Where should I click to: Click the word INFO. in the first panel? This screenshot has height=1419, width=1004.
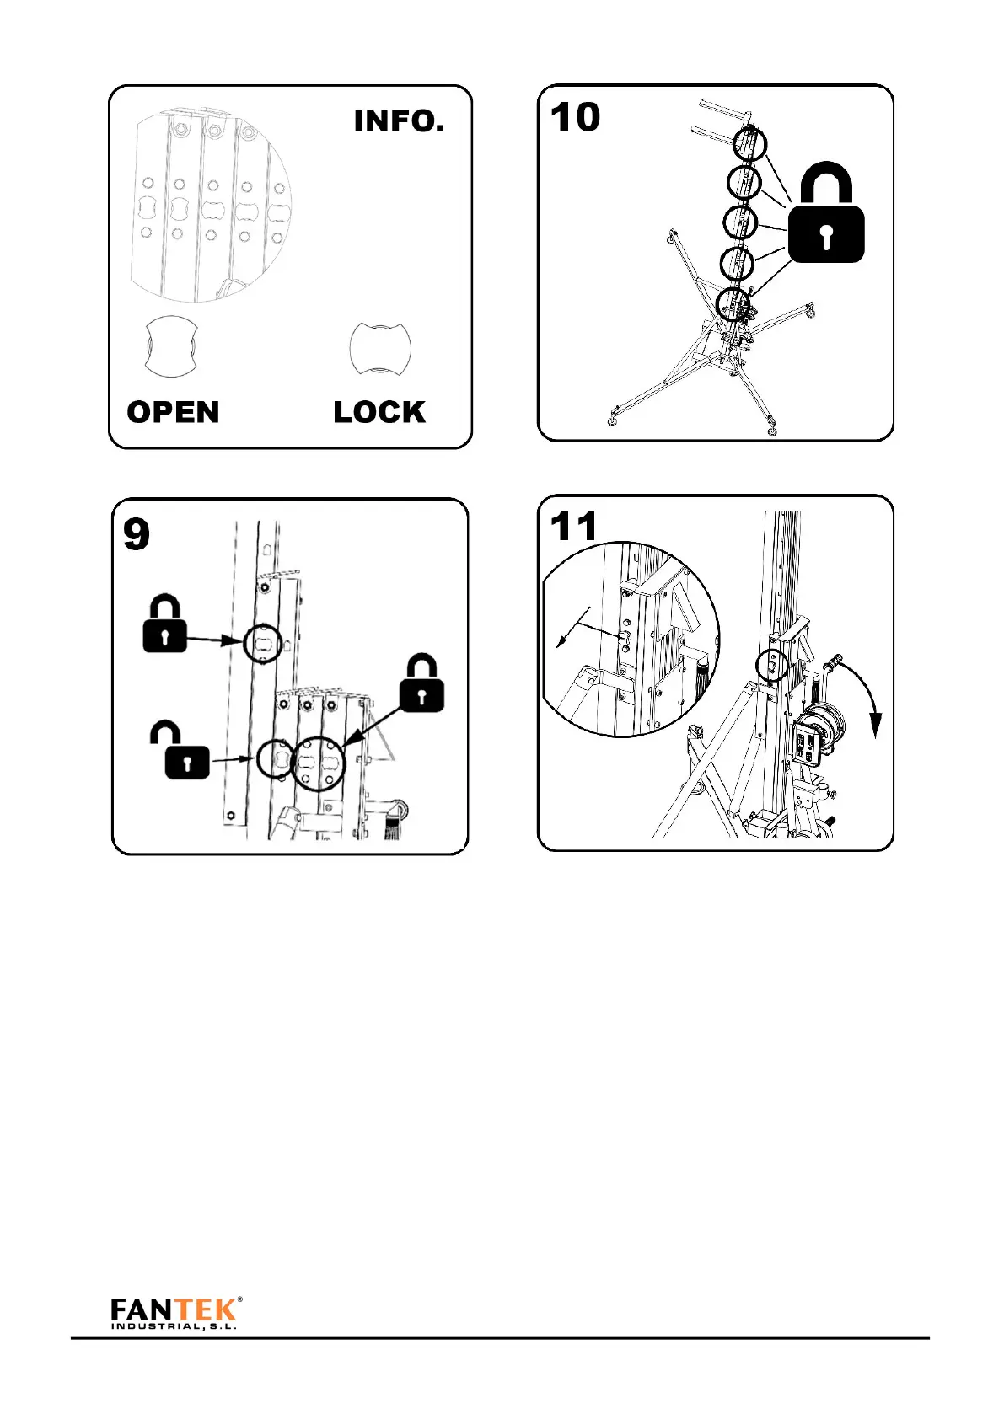[x=398, y=121]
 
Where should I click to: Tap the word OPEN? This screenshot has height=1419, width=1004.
[x=173, y=412]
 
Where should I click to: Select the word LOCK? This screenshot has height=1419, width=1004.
[x=379, y=412]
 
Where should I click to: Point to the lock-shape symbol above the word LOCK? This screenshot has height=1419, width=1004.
[x=379, y=347]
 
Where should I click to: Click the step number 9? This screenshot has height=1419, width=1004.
[x=137, y=534]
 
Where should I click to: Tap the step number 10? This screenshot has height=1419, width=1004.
[x=575, y=118]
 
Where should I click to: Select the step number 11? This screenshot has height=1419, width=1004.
[x=573, y=527]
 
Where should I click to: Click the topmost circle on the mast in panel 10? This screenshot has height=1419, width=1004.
[x=749, y=143]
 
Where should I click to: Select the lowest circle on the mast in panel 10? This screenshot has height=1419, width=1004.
[x=733, y=303]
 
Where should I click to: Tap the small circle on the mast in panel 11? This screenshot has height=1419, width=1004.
[x=773, y=665]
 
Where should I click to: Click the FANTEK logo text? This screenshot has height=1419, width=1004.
[x=174, y=1309]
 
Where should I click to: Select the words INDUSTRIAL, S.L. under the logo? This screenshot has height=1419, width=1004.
[x=174, y=1326]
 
